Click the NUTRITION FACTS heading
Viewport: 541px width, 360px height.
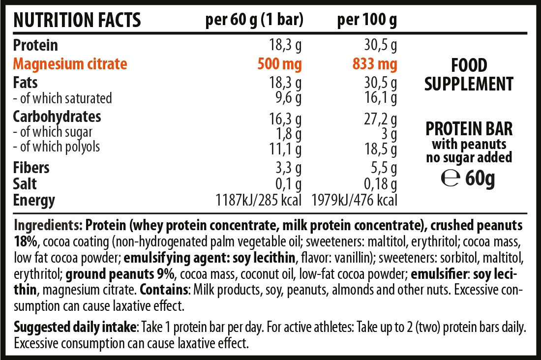tap(77, 20)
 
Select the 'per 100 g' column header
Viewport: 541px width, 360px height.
tap(367, 20)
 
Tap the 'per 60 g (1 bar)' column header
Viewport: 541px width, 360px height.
tap(254, 20)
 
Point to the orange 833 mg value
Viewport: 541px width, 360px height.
tap(374, 64)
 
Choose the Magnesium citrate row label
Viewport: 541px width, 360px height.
tap(70, 64)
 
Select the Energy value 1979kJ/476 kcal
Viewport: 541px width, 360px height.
tap(354, 200)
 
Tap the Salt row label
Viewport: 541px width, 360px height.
tap(25, 184)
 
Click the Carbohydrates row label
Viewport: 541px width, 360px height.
tap(57, 117)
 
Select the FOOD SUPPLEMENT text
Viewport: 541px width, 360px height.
tap(469, 74)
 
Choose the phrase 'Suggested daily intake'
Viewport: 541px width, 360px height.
tap(74, 327)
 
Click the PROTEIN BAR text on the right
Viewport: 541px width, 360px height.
tap(469, 129)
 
